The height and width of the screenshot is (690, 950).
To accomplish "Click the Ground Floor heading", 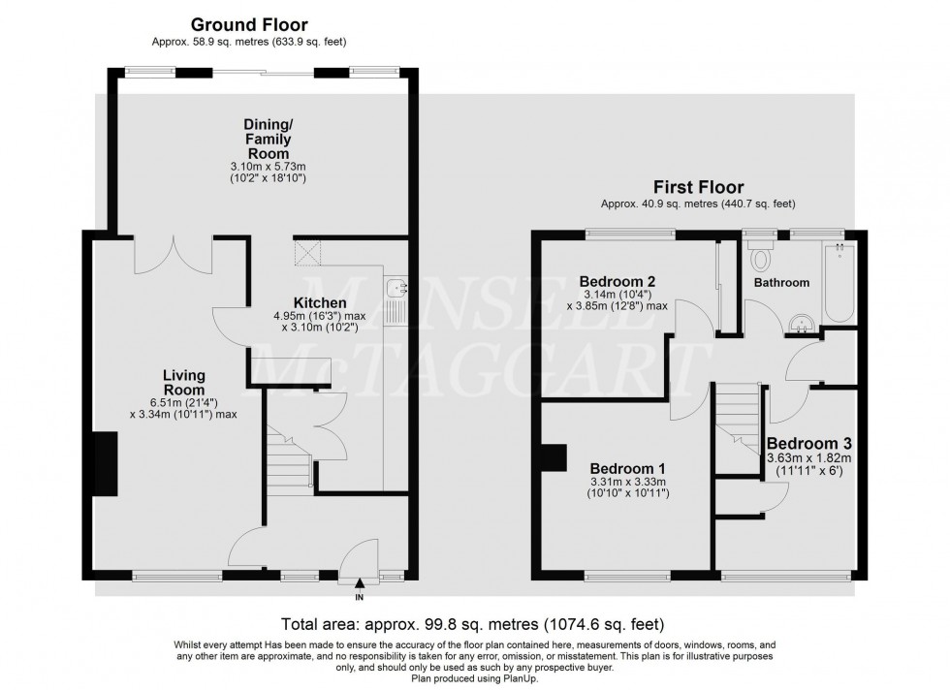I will pos(248,24).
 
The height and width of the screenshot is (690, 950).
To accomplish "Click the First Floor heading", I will pos(697,188).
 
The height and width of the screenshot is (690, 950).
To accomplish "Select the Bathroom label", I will pos(781,283).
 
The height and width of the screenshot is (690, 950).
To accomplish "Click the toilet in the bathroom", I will pos(761,258).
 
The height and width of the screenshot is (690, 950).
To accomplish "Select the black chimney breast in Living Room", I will pos(103,465).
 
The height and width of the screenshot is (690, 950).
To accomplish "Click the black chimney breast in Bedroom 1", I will pos(554,458).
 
